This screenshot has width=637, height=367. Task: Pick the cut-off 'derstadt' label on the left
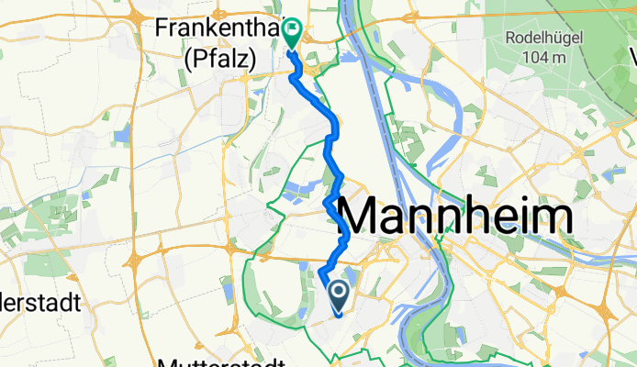[x=41, y=302]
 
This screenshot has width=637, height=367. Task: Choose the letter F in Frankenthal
[x=163, y=29]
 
